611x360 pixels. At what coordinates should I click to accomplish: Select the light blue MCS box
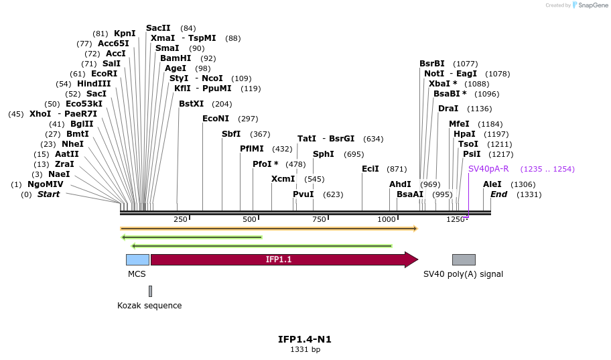pos(137,259)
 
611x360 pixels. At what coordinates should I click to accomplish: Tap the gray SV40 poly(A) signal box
pos(464,259)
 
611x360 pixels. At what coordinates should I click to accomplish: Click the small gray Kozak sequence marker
pos(150,291)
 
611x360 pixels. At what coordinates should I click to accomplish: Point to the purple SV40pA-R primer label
pos(488,169)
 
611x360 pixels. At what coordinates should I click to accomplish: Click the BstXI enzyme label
pos(191,104)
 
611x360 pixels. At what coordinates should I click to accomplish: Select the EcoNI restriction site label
pos(216,119)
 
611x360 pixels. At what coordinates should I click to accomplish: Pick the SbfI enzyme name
pos(231,134)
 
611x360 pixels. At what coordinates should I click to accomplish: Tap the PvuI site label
pos(303,194)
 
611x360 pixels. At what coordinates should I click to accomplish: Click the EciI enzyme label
pos(370,169)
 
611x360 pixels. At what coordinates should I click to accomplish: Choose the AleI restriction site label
pos(492,184)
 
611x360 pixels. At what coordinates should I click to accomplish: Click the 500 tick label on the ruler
pos(249,220)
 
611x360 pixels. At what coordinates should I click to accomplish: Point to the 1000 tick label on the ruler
pos(387,220)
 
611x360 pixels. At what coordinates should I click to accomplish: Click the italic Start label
pos(48,194)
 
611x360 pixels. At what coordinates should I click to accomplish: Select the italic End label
pos(498,194)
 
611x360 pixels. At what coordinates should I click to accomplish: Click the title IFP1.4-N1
pos(305,339)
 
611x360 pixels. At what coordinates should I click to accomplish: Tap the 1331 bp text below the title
pos(305,350)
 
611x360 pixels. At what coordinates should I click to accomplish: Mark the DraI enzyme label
pos(448,109)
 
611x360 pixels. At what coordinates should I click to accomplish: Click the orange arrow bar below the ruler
pos(268,229)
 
